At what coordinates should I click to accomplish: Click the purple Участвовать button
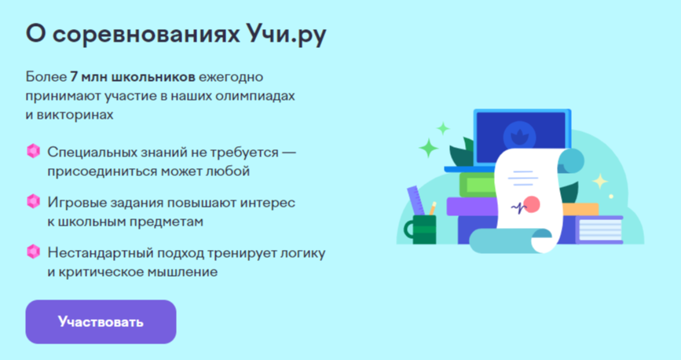pyautogui.click(x=101, y=321)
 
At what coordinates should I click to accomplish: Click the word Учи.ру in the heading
pyautogui.click(x=287, y=35)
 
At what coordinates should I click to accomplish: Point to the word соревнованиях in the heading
pyautogui.click(x=146, y=35)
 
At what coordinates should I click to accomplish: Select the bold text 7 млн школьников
pyautogui.click(x=133, y=77)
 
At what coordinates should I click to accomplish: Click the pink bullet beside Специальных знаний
pyautogui.click(x=34, y=151)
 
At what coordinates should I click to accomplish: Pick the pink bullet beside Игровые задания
pyautogui.click(x=34, y=201)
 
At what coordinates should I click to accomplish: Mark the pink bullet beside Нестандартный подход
pyautogui.click(x=34, y=252)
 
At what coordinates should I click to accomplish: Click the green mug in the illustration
pyautogui.click(x=420, y=230)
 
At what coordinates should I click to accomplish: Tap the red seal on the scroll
pyautogui.click(x=532, y=204)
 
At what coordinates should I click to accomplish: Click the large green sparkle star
pyautogui.click(x=429, y=149)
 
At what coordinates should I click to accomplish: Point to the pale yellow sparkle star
pyautogui.click(x=600, y=182)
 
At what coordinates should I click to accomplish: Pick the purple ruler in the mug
pyautogui.click(x=416, y=200)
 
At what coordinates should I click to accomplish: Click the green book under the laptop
pyautogui.click(x=478, y=185)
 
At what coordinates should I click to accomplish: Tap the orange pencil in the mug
pyautogui.click(x=432, y=208)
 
